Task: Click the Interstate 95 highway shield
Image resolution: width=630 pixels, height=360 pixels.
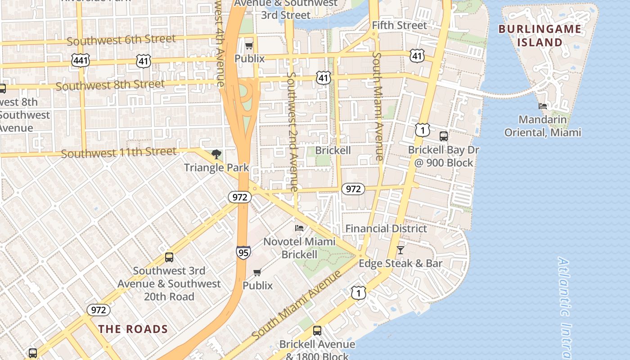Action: [x=243, y=252]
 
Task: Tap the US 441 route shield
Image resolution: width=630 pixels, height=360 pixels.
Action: [x=80, y=60]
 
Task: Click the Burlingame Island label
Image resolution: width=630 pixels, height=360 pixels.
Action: [x=540, y=36]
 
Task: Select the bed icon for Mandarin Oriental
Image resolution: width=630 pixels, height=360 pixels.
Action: [x=543, y=107]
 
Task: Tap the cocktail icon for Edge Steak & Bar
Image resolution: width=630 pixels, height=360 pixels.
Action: [x=400, y=250]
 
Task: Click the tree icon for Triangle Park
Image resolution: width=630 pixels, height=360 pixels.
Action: [x=216, y=154]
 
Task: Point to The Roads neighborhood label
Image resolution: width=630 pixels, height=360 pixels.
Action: [x=133, y=329]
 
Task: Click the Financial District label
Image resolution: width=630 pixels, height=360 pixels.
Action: [x=386, y=229]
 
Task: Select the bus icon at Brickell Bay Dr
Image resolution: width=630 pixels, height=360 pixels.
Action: [x=444, y=136]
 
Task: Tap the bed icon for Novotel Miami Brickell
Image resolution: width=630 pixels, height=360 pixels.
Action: [x=299, y=228]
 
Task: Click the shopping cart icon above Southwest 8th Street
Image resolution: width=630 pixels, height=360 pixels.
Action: [x=249, y=45]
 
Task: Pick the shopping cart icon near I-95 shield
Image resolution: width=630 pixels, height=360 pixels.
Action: [x=257, y=272]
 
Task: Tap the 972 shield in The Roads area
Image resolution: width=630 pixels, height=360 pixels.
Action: [x=98, y=310]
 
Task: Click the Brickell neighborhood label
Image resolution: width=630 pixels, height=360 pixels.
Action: [x=333, y=150]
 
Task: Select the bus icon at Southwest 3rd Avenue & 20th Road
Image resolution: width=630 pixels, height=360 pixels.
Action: [x=169, y=257]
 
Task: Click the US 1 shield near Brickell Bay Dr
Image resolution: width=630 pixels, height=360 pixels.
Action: [x=422, y=130]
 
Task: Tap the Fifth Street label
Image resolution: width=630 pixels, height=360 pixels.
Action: [x=399, y=25]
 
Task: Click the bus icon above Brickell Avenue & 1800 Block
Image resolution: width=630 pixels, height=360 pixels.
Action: [x=317, y=331]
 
